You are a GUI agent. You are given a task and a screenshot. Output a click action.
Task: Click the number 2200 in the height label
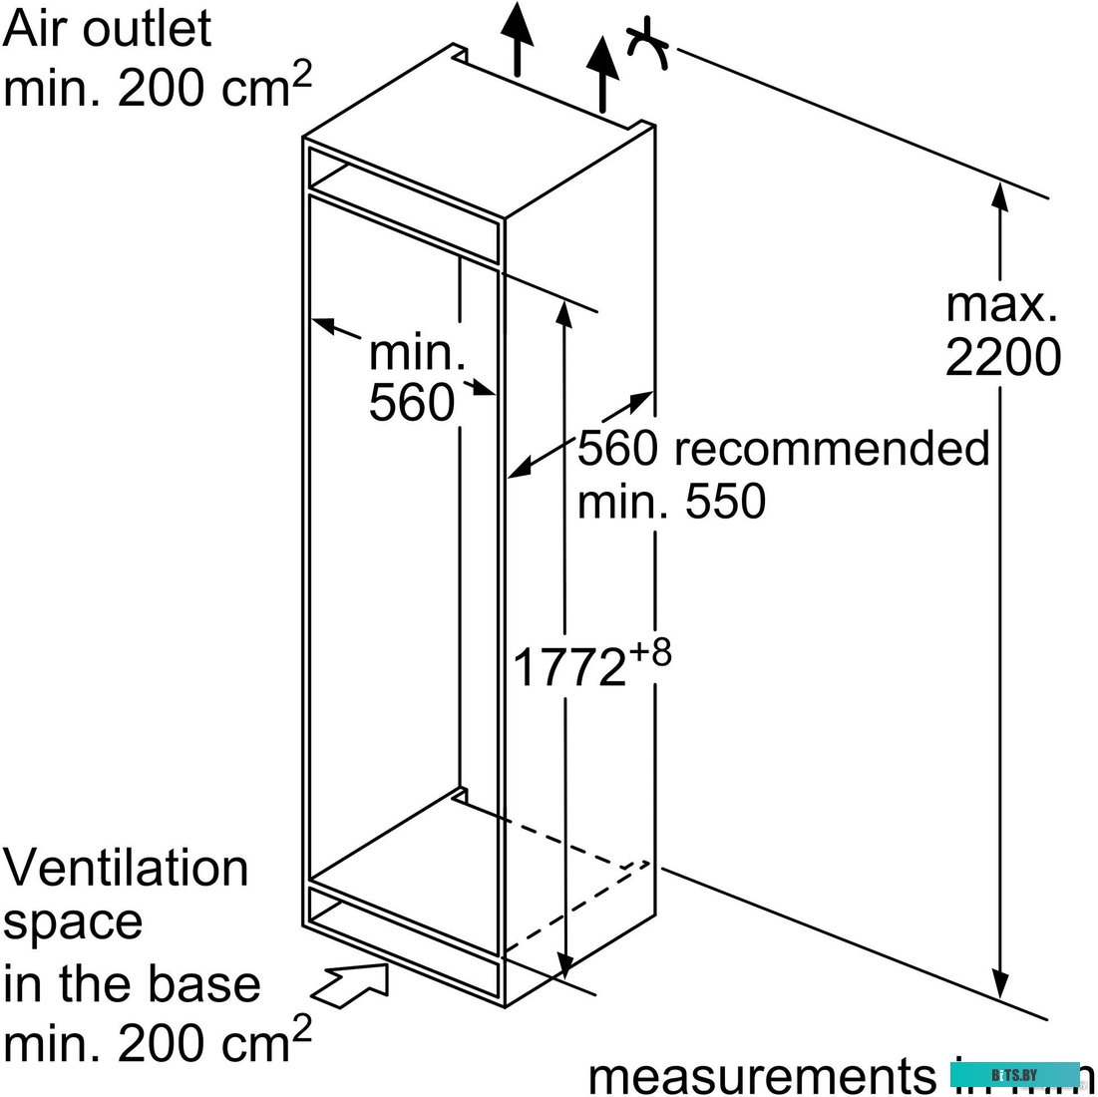pyautogui.click(x=1002, y=358)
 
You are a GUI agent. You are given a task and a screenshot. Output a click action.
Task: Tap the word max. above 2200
pyautogui.click(x=1000, y=304)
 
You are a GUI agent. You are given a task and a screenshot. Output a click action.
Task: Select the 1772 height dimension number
pyautogui.click(x=568, y=667)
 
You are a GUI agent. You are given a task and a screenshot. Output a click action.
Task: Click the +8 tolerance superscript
pyautogui.click(x=649, y=655)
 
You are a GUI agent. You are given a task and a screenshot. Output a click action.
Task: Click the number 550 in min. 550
pyautogui.click(x=725, y=502)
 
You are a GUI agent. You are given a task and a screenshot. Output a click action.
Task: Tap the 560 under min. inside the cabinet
pyautogui.click(x=411, y=403)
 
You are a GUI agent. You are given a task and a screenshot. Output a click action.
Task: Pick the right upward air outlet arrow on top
pyautogui.click(x=602, y=72)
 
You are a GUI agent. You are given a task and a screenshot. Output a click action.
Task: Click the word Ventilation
pyautogui.click(x=126, y=868)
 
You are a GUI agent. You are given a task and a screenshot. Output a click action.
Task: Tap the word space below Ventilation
pyautogui.click(x=72, y=922)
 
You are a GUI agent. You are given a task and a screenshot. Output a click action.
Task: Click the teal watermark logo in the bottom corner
pyautogui.click(x=1014, y=1074)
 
